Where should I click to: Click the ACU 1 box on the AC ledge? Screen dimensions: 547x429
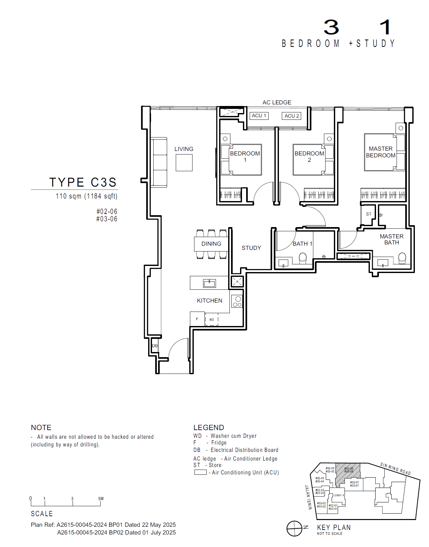pyautogui.click(x=259, y=116)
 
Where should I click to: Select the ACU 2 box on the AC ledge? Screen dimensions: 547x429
pyautogui.click(x=291, y=116)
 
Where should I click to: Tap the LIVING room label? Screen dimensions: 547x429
pyautogui.click(x=184, y=149)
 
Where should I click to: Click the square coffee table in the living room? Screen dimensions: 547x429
pyautogui.click(x=184, y=163)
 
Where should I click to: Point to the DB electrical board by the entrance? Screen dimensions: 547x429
pyautogui.click(x=155, y=346)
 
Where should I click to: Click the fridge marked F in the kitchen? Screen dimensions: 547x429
pyautogui.click(x=197, y=319)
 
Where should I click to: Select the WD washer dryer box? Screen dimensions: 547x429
pyautogui.click(x=211, y=320)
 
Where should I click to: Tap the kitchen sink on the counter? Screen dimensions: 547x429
pyautogui.click(x=209, y=283)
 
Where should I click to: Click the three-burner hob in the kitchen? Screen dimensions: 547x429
pyautogui.click(x=237, y=301)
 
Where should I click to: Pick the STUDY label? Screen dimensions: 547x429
pyautogui.click(x=251, y=248)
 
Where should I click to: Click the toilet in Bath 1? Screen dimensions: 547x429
pyautogui.click(x=303, y=258)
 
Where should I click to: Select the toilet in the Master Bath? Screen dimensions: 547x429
pyautogui.click(x=402, y=258)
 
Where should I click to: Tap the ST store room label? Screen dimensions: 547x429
pyautogui.click(x=369, y=214)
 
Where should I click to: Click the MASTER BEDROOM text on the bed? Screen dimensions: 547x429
pyautogui.click(x=381, y=152)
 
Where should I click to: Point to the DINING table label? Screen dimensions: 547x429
pyautogui.click(x=211, y=244)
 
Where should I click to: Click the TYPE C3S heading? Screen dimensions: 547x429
pyautogui.click(x=83, y=182)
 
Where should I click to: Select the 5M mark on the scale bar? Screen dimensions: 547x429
pyautogui.click(x=101, y=499)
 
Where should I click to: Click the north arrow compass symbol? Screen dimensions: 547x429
pyautogui.click(x=294, y=528)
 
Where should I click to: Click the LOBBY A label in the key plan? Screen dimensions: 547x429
pyautogui.click(x=338, y=495)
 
